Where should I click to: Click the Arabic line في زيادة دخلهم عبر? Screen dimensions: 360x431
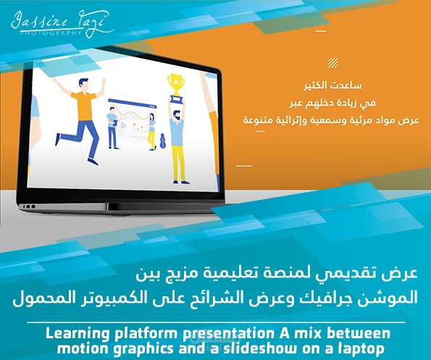pyautogui.click(x=319, y=101)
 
